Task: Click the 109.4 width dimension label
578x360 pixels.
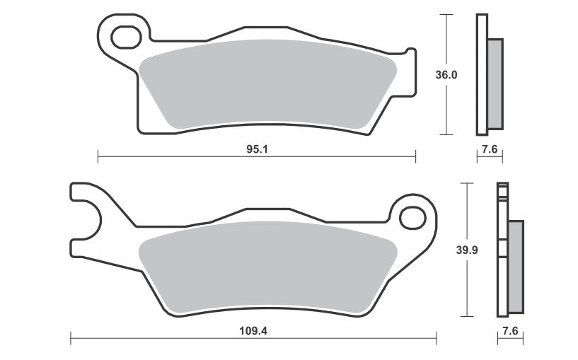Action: (257, 330)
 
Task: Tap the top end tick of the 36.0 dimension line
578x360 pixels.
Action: (446, 16)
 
